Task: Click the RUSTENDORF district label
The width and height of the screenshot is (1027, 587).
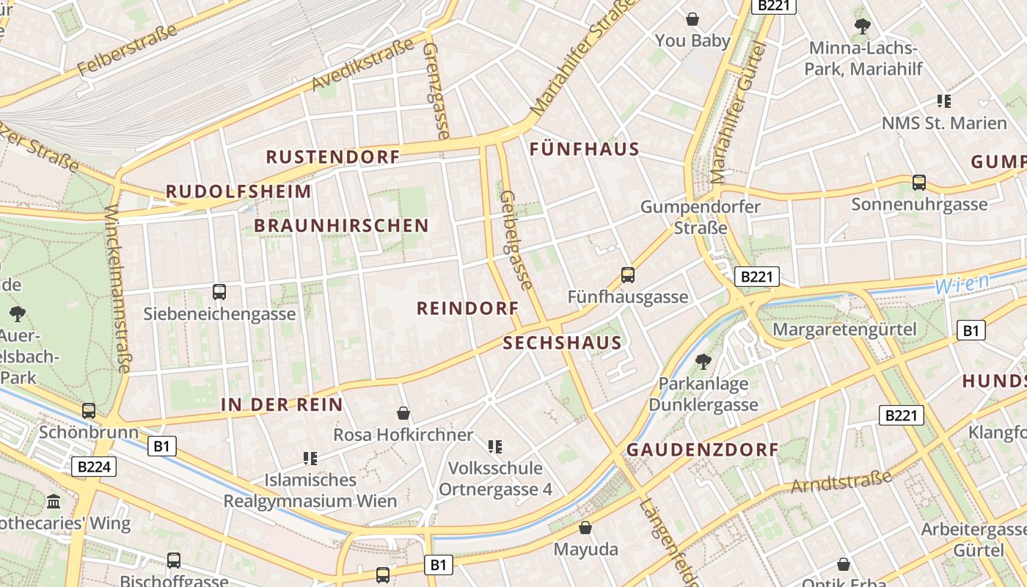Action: tap(332, 157)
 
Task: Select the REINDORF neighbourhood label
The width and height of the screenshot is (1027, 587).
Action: tap(467, 308)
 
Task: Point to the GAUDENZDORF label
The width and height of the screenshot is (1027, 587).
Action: tap(702, 450)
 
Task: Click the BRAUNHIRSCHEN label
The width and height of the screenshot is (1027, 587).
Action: tap(341, 225)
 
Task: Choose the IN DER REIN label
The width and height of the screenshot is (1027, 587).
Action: tap(282, 404)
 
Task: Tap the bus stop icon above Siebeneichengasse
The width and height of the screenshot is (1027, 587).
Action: tap(219, 292)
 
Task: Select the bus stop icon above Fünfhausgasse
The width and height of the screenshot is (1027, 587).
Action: tap(627, 275)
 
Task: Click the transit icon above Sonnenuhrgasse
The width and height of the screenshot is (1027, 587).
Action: tap(918, 183)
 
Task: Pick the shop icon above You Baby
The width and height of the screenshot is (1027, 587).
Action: tap(692, 19)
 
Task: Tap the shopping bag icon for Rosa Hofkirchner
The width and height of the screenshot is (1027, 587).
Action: tap(403, 413)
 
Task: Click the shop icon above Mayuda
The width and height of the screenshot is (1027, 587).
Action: tap(585, 528)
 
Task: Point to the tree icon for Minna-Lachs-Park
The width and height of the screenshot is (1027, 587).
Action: tap(862, 27)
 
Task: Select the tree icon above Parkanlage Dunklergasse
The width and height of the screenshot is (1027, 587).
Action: tap(703, 361)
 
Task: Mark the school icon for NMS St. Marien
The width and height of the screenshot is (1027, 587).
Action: tap(943, 101)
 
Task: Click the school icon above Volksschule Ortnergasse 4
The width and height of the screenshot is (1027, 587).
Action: tap(495, 446)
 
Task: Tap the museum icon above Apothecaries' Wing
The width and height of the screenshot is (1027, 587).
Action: tap(54, 502)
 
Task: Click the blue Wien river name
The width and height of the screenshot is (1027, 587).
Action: tap(962, 282)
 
